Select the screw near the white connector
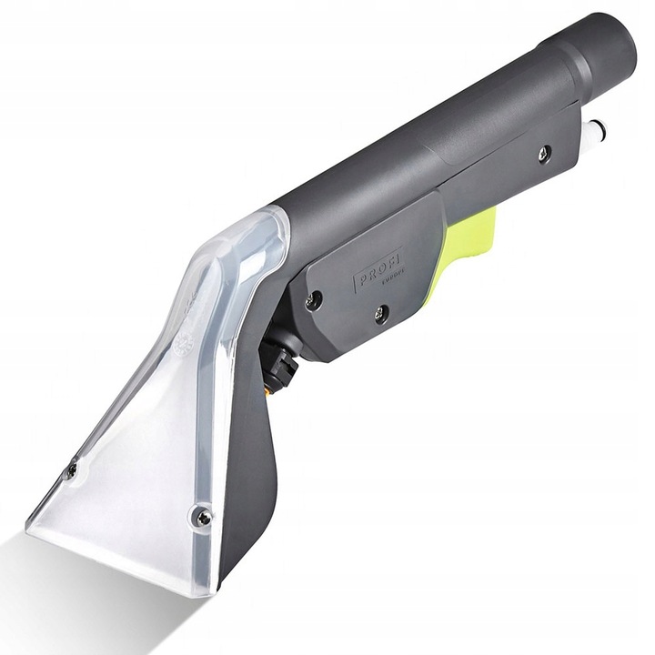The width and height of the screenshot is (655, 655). [x=544, y=154]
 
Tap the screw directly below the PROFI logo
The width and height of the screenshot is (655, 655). [x=381, y=314]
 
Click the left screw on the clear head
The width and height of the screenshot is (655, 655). [x=71, y=470]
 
